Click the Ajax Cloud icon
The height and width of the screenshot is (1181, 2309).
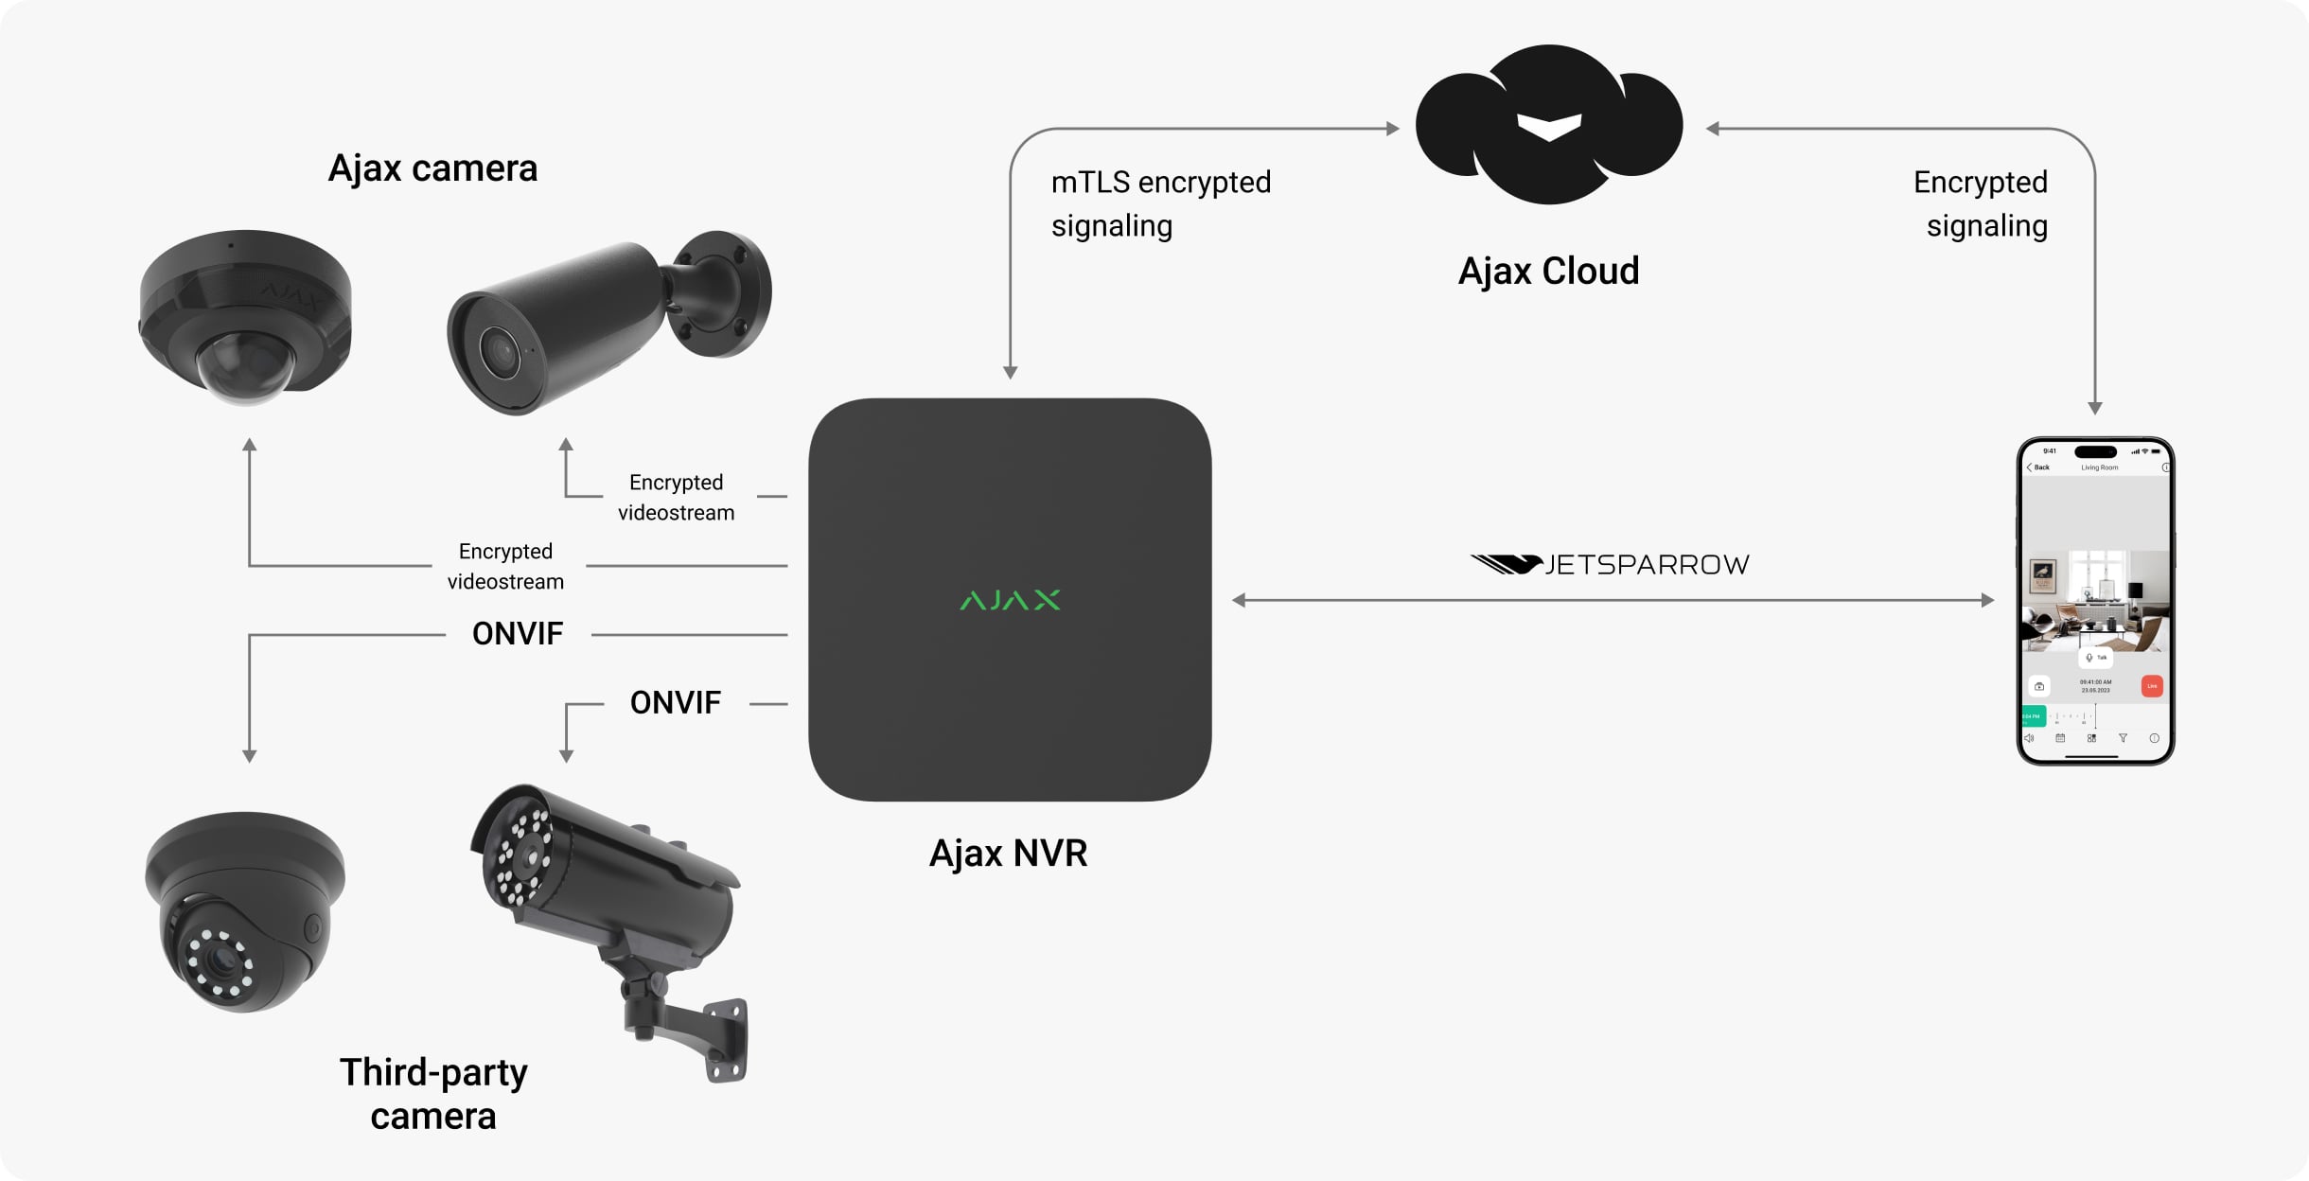tap(1548, 125)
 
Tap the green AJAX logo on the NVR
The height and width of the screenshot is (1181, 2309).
tap(1010, 600)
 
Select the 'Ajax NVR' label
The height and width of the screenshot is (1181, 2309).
tap(1008, 854)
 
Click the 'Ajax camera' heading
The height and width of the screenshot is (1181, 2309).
tap(432, 168)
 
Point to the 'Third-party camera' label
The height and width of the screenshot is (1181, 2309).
tap(433, 1094)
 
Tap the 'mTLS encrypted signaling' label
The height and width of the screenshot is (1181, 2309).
tap(1160, 203)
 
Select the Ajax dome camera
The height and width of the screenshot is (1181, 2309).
tap(245, 317)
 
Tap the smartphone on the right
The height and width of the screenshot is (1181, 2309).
tap(2095, 601)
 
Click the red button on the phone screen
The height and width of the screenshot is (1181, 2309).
tap(2152, 686)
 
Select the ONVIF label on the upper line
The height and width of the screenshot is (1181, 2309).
tap(518, 634)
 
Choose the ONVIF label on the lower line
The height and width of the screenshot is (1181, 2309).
tap(675, 703)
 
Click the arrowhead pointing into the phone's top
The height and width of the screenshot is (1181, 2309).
tap(2095, 408)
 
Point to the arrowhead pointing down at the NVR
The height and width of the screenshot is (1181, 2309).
tap(1010, 373)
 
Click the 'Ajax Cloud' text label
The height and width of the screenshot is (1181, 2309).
tap(1548, 272)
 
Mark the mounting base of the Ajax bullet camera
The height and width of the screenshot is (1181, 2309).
tap(725, 293)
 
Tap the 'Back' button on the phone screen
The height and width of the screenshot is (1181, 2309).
tap(2039, 467)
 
